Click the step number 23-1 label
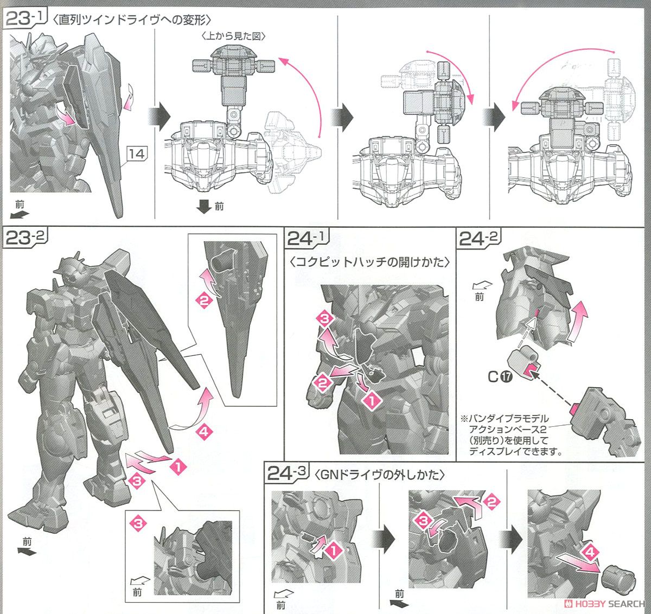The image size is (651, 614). point(24,18)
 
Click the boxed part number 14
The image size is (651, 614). point(137,153)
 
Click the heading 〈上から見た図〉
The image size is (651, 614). point(233,35)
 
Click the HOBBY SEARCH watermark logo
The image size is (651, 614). point(605,604)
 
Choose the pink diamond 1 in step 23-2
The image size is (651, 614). point(178,466)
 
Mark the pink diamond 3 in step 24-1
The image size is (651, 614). point(325,318)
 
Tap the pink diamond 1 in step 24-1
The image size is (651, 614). point(372,400)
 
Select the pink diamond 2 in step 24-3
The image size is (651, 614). point(492,502)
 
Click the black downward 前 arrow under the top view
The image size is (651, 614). point(204,207)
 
